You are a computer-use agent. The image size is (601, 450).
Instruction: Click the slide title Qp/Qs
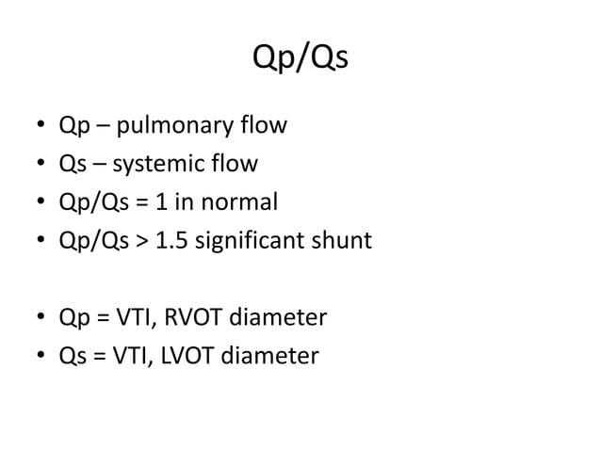[x=300, y=59]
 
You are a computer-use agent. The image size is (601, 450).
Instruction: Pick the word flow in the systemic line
[x=236, y=165]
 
